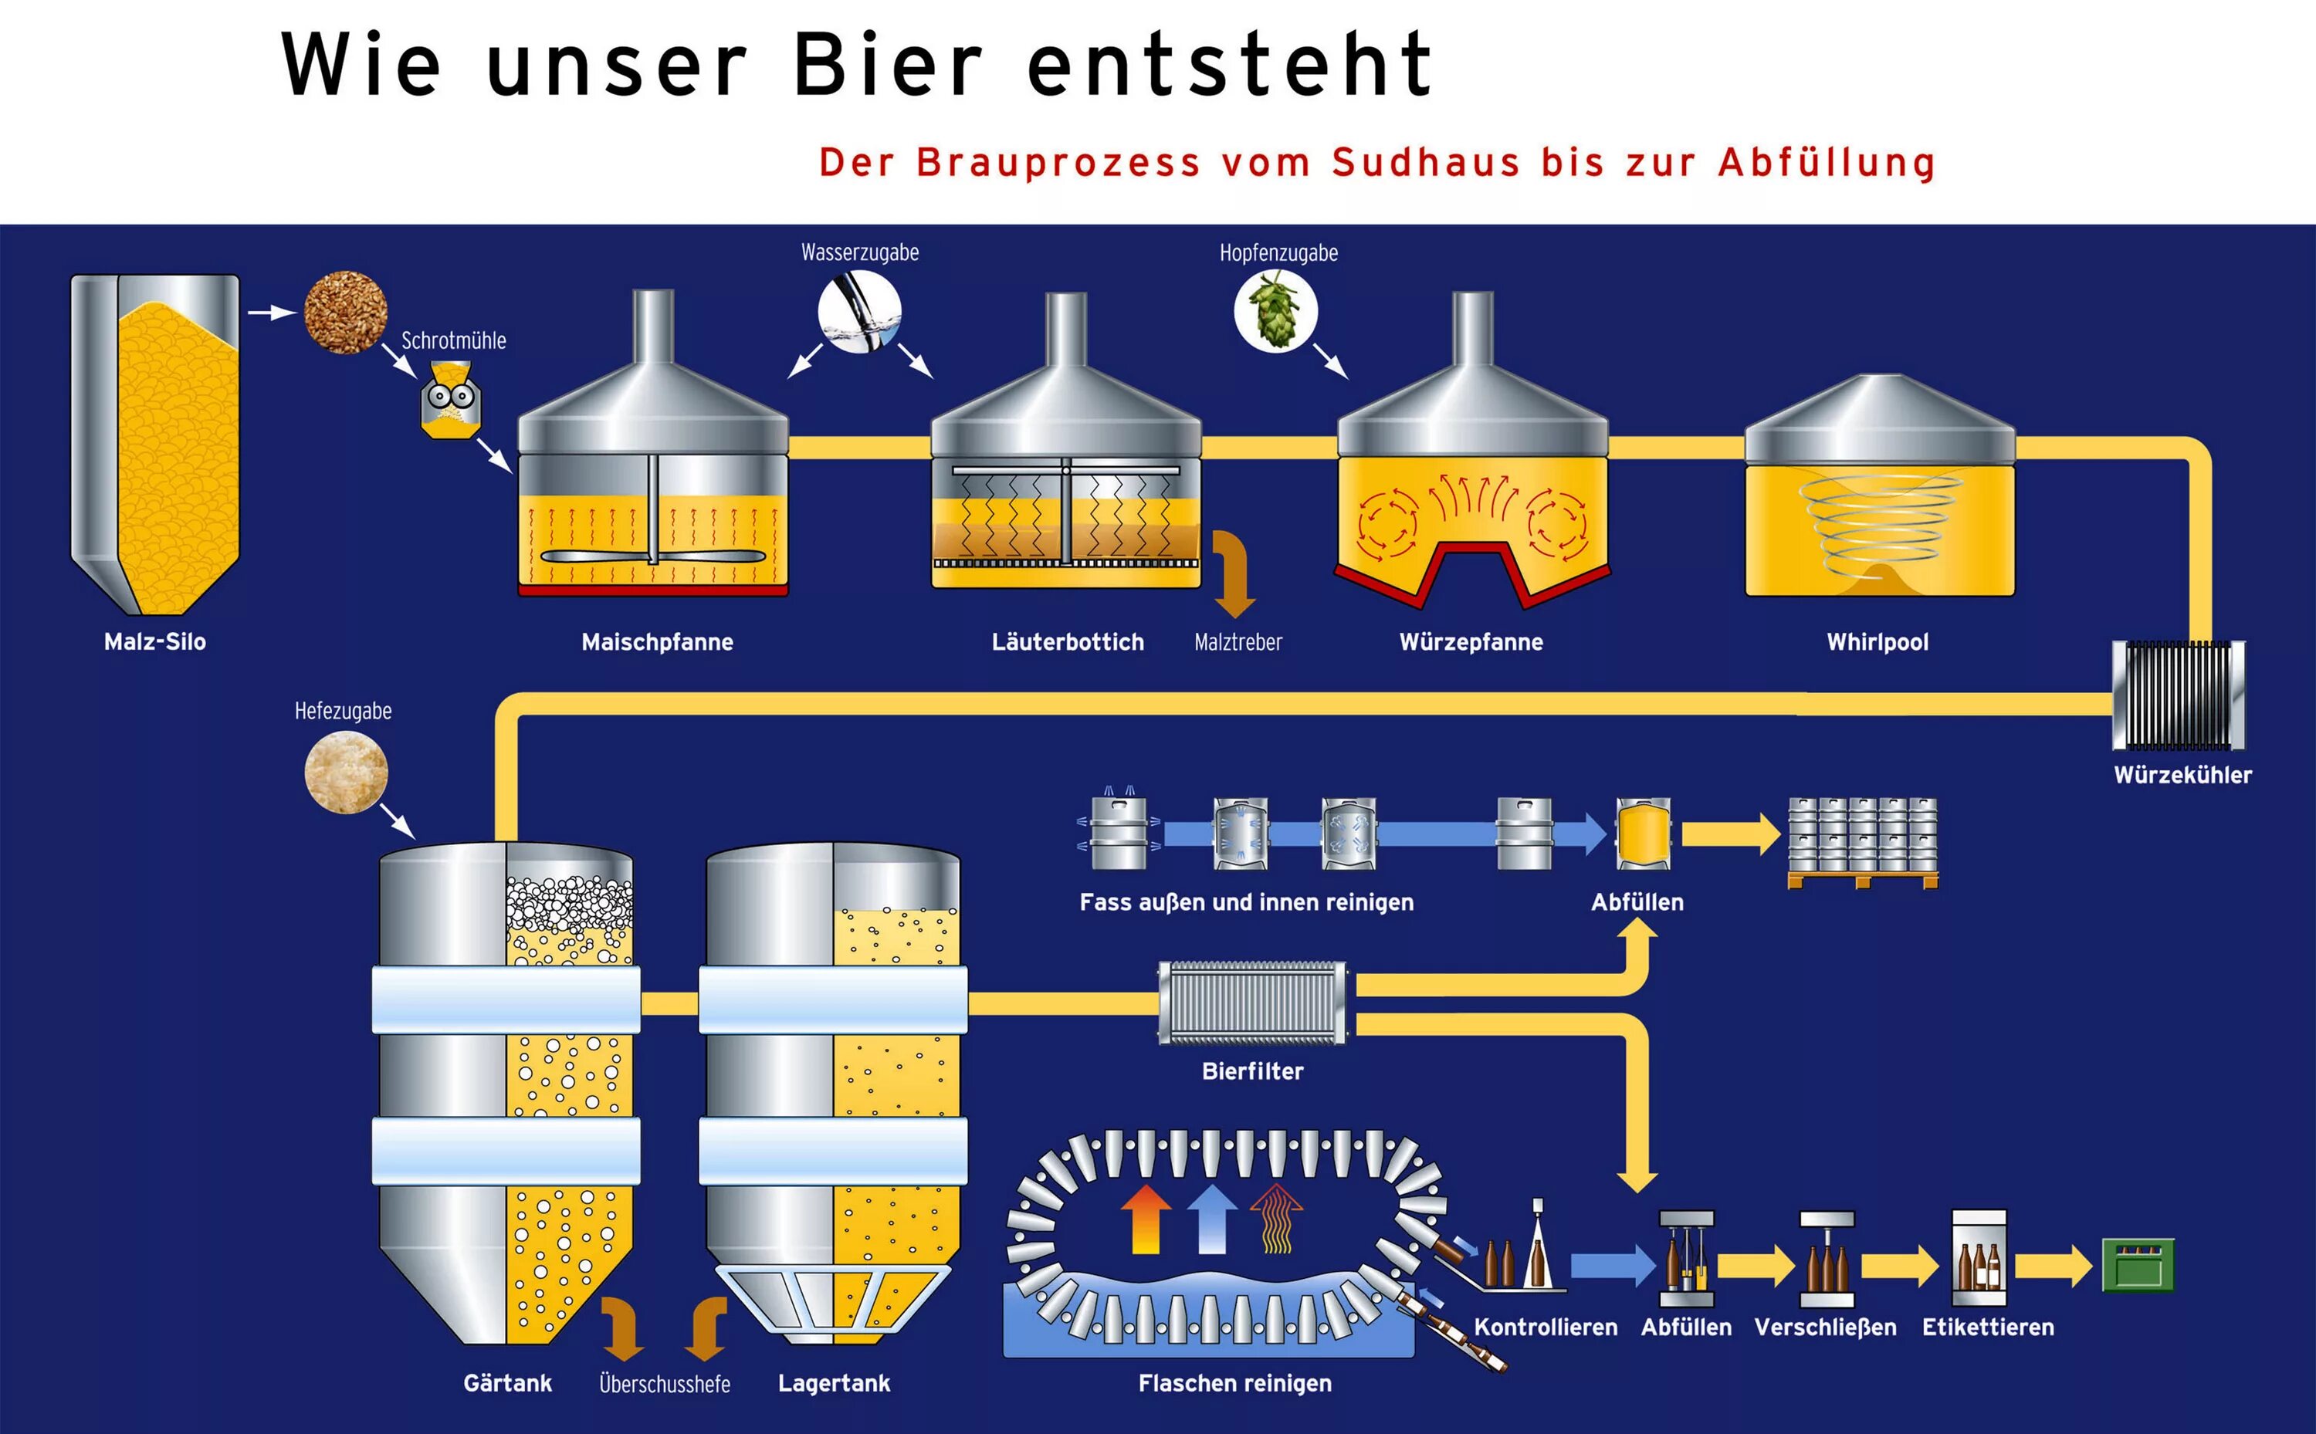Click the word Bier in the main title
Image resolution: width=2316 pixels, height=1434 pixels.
tap(888, 65)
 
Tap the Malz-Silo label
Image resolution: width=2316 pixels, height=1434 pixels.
tap(154, 642)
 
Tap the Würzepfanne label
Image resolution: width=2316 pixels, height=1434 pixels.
tap(1471, 642)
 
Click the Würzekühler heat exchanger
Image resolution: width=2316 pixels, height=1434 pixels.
tap(2179, 695)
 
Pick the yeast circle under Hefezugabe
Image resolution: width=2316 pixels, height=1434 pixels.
tap(346, 772)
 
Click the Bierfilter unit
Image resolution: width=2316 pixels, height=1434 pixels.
tap(1252, 1003)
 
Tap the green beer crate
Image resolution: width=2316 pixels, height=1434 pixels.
tap(2138, 1265)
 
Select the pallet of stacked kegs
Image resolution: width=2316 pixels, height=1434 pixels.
tap(1862, 841)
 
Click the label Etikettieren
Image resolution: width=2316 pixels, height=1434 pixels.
tap(1988, 1327)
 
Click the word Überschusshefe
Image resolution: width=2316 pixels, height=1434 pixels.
tap(665, 1384)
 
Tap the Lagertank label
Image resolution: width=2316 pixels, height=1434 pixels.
tap(834, 1384)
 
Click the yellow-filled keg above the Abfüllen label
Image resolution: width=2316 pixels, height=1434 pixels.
tap(1643, 833)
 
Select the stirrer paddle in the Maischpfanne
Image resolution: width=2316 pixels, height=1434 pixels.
tap(652, 556)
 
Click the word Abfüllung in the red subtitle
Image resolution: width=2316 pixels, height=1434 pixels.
tap(1827, 163)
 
